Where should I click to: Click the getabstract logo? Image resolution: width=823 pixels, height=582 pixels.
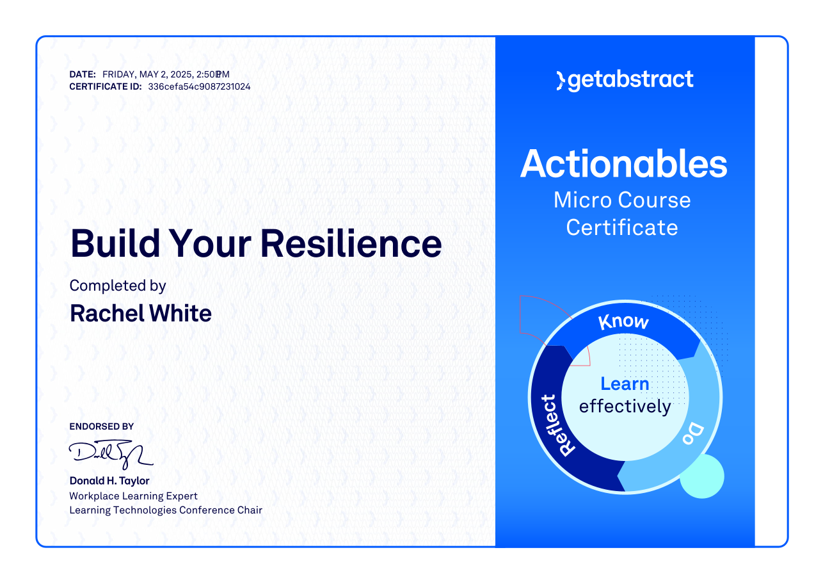625,80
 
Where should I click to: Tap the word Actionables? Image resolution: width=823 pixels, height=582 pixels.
623,164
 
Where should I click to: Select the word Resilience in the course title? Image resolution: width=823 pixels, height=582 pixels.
351,244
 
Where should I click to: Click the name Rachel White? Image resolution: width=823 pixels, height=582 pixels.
141,314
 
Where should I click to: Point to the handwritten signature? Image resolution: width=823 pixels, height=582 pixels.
111,455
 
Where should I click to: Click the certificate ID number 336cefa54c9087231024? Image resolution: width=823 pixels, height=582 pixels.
199,87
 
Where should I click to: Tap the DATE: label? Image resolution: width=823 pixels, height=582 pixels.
83,75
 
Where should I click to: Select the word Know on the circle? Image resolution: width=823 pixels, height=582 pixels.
623,322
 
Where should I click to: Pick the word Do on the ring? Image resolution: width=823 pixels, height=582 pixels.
693,434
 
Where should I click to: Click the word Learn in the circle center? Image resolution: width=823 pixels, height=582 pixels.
625,384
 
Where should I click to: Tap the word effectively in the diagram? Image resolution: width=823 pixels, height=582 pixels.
625,407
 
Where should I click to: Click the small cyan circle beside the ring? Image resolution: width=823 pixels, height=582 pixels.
702,476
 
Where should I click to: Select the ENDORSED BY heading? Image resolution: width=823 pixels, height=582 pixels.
101,426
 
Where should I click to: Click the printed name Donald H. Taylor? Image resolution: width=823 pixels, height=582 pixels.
109,481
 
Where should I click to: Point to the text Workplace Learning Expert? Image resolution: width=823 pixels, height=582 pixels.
133,496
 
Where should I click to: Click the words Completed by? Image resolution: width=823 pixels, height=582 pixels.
118,286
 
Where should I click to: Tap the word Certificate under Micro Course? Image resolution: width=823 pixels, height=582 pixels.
621,227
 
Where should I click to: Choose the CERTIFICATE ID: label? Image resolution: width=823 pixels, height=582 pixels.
106,87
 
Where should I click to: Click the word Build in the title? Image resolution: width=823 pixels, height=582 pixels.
115,243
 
